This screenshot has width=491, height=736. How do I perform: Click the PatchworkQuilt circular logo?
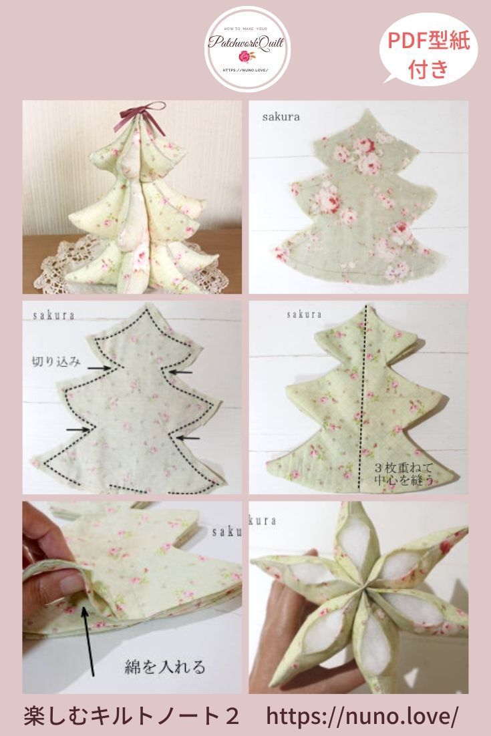tap(247, 49)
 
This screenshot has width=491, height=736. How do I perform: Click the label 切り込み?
tap(57, 362)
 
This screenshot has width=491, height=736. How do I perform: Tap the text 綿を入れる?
tap(164, 666)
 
